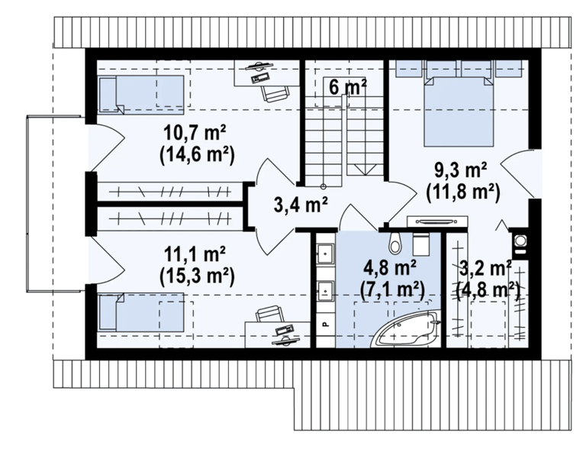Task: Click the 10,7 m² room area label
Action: [195, 133]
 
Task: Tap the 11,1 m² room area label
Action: [195, 255]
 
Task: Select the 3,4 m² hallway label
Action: [301, 205]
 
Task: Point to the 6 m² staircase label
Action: [348, 88]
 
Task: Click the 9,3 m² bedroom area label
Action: [460, 170]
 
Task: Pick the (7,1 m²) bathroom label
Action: [392, 289]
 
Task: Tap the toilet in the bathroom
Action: [394, 242]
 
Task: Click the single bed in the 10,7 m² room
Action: [141, 94]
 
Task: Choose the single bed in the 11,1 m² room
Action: [141, 312]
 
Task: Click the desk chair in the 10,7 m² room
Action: [275, 93]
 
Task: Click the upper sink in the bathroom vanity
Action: [325, 254]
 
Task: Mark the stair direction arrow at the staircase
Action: [365, 170]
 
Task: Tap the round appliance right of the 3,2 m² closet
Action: [520, 240]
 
